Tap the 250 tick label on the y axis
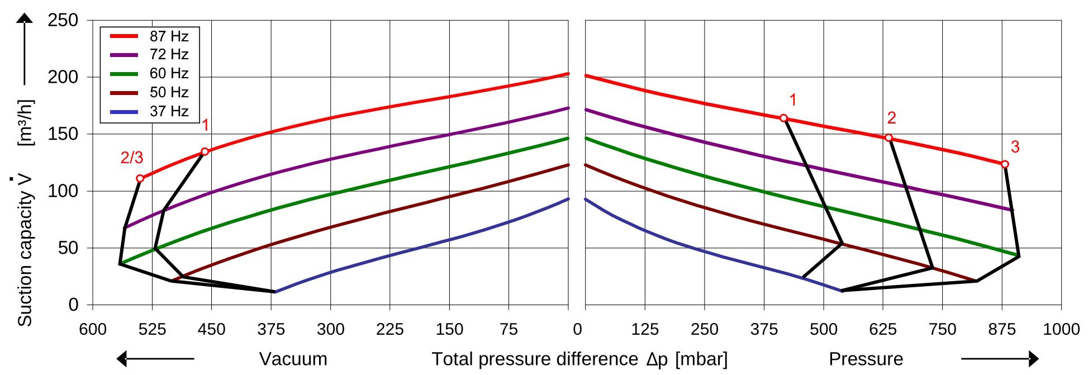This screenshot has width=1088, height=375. [63, 20]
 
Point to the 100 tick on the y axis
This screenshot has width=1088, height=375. [63, 191]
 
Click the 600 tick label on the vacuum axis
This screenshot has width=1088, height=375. [93, 329]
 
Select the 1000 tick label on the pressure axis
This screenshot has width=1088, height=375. [1061, 329]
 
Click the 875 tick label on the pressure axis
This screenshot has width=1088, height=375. [1002, 329]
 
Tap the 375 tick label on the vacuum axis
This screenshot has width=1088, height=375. [271, 329]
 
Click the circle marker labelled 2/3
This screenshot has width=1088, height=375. [140, 179]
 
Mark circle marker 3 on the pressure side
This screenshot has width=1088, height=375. [1005, 164]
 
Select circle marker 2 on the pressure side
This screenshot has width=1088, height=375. [889, 138]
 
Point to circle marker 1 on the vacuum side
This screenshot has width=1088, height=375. [205, 151]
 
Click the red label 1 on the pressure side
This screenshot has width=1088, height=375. [792, 100]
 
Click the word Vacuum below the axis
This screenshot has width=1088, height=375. [293, 359]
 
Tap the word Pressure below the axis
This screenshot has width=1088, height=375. [866, 359]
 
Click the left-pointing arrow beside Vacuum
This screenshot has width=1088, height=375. [155, 359]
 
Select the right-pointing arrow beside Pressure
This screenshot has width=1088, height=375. [1000, 359]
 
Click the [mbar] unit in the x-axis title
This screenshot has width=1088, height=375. [701, 359]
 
